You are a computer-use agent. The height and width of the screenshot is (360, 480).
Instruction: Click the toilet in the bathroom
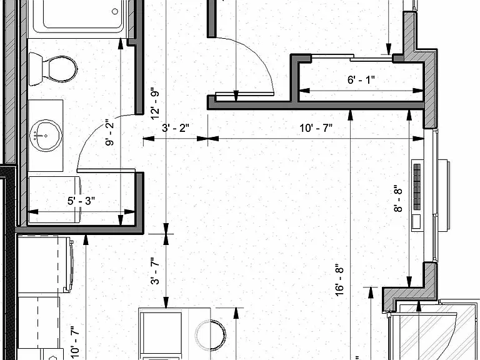point(53,69)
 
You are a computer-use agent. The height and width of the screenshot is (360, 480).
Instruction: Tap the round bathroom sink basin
point(46,135)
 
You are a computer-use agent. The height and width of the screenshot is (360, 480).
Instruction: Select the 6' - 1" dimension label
point(361,80)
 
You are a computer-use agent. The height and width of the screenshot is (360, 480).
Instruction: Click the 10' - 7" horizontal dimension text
point(316,127)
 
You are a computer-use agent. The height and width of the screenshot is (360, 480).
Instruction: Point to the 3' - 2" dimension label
point(176,127)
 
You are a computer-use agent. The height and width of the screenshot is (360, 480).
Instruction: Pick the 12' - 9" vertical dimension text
point(155,105)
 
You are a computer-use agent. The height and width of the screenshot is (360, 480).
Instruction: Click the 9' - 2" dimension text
point(109,134)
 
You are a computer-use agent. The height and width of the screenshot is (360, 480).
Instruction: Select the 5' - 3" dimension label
point(81,201)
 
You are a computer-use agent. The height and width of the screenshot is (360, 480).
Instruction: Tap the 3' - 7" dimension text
point(155,271)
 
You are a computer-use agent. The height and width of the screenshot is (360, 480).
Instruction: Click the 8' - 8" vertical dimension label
point(398,198)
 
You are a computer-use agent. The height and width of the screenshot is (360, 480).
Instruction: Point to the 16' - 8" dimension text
point(339,280)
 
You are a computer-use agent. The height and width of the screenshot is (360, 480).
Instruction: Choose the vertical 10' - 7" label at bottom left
point(75,342)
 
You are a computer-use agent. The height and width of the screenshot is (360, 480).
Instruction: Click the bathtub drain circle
point(115,12)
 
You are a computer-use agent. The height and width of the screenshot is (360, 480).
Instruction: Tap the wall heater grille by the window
point(417,187)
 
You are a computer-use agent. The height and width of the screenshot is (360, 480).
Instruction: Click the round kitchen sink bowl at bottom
point(211,335)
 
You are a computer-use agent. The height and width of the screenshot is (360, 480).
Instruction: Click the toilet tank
point(36,69)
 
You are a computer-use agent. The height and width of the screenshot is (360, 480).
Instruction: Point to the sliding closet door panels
point(351,57)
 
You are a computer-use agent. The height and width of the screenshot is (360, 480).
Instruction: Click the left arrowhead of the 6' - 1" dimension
point(304,91)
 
